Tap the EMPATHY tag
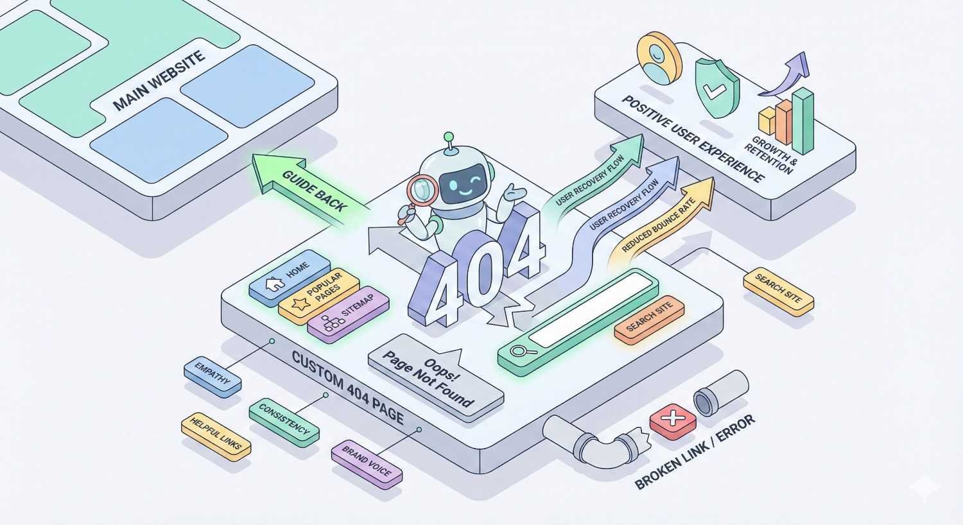[x=213, y=375]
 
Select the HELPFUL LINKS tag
[x=216, y=436]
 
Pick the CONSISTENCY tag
[x=283, y=422]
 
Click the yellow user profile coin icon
[x=657, y=58]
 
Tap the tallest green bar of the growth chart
[x=802, y=119]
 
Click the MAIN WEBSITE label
[x=159, y=80]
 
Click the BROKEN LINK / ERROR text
[x=695, y=454]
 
